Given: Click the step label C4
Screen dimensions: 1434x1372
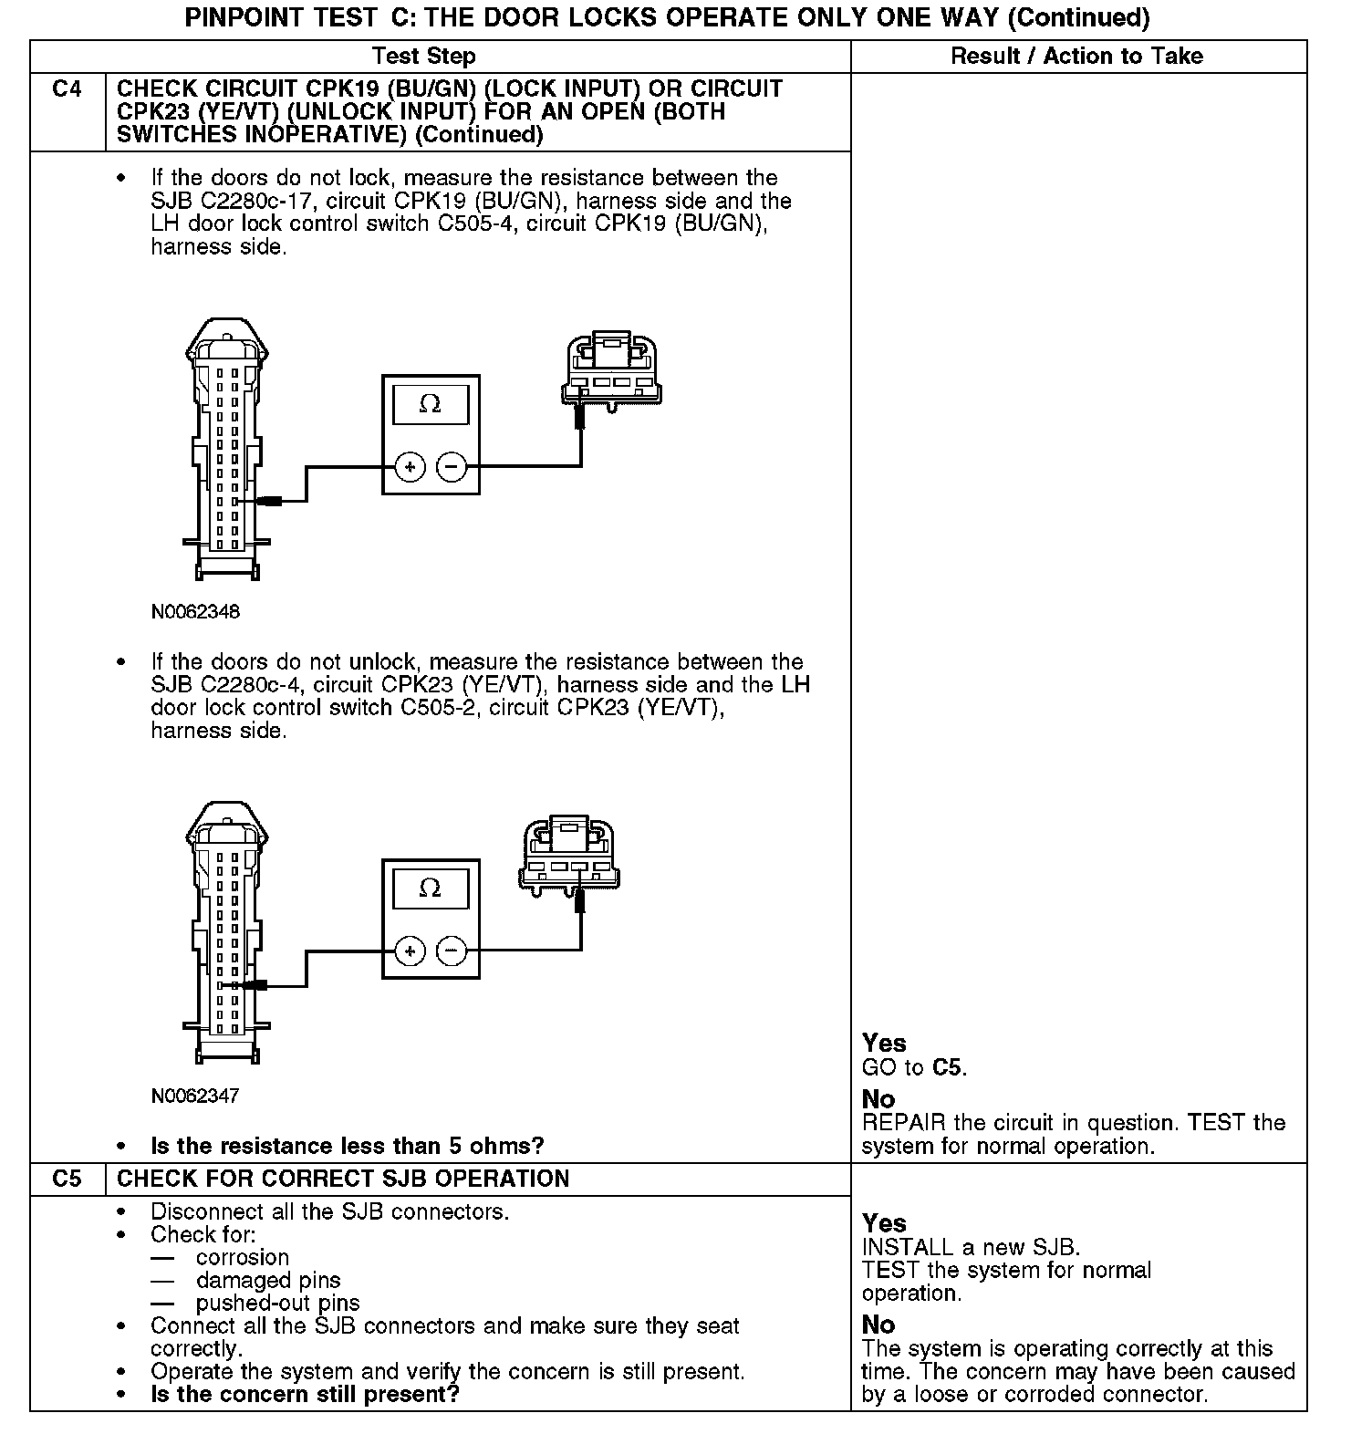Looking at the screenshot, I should click(67, 89).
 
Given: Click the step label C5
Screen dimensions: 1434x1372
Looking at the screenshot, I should click(67, 1179).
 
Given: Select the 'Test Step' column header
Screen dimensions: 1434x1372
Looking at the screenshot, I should click(424, 57).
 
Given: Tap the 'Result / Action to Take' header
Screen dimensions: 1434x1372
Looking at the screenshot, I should click(1076, 57).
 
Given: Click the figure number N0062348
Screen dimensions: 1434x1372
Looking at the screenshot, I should click(195, 612).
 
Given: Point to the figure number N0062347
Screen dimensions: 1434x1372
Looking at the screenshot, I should click(195, 1096).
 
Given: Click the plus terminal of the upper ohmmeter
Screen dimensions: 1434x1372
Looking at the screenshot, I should click(410, 468).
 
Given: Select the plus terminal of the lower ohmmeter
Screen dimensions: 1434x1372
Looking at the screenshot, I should click(410, 951).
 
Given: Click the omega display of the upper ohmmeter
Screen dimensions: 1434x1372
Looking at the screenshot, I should click(431, 403).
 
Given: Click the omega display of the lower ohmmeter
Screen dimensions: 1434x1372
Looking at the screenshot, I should click(431, 888).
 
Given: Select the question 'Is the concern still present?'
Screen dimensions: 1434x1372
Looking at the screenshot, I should click(305, 1394).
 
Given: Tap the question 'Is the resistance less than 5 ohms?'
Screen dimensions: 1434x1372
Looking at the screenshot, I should click(347, 1146).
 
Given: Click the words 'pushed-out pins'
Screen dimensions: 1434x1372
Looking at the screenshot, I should click(277, 1303).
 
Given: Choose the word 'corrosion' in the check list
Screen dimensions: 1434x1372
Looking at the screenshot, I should click(242, 1257).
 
